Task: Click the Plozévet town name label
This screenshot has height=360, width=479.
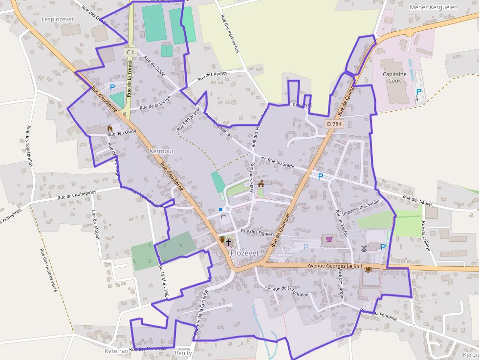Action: (x=244, y=253)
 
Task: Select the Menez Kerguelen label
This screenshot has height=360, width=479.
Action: (x=434, y=7)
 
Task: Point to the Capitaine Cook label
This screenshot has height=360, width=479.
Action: (x=394, y=77)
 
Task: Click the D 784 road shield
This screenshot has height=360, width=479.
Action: (x=334, y=124)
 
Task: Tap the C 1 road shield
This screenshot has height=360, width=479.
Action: (x=130, y=52)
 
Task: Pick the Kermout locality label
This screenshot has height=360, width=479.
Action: (x=161, y=151)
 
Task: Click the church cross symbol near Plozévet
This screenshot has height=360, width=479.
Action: (x=228, y=242)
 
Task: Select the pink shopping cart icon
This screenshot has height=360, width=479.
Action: (x=329, y=239)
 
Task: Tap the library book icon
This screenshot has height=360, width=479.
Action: (x=368, y=269)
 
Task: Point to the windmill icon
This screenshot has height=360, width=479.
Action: (x=364, y=248)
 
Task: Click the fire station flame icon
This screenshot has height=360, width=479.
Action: (x=110, y=128)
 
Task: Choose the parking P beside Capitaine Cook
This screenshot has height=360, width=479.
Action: (x=418, y=92)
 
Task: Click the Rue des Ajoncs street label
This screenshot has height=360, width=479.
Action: (x=212, y=77)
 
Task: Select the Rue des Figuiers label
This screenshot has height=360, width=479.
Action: (x=258, y=233)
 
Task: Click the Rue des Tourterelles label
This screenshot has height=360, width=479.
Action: (x=28, y=147)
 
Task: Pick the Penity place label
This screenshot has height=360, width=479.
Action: (x=183, y=352)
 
